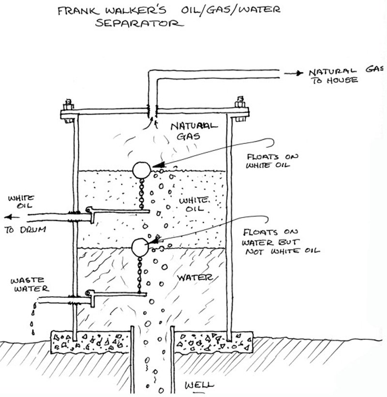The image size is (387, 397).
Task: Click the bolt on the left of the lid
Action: (67, 105)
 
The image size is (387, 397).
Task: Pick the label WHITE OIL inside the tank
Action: (194, 204)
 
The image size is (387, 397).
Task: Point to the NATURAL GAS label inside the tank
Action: (193, 131)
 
